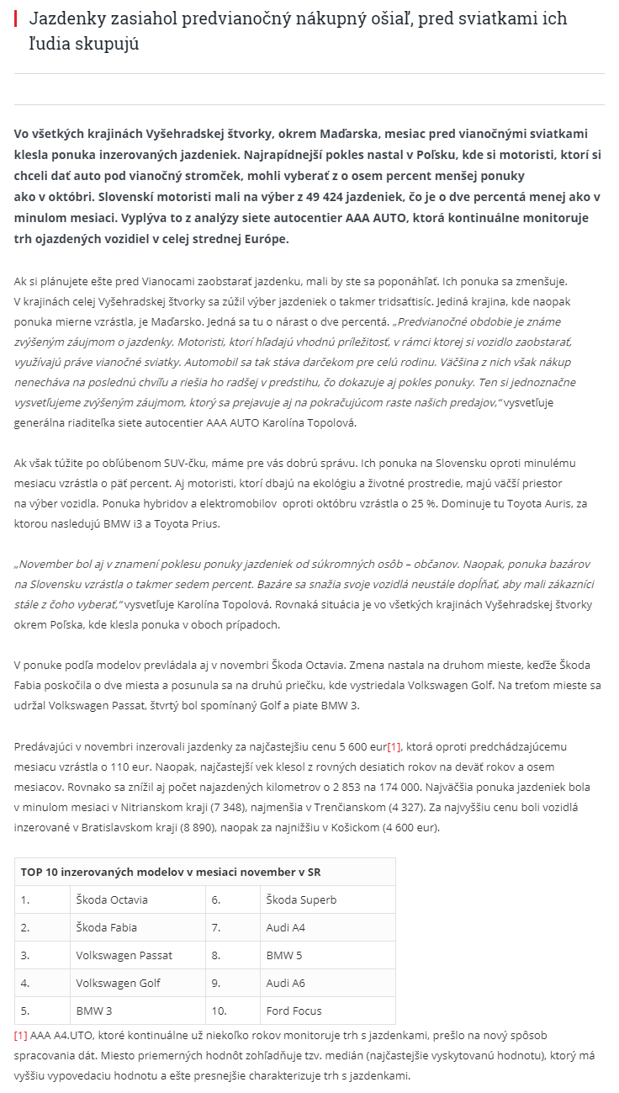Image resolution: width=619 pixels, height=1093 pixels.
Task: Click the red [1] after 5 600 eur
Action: (x=394, y=746)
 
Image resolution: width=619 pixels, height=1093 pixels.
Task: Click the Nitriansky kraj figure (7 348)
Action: (x=250, y=807)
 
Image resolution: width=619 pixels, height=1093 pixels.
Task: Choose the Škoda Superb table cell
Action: (x=301, y=899)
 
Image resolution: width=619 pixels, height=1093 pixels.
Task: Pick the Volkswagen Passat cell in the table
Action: (x=124, y=955)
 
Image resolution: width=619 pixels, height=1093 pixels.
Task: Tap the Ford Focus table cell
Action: (x=294, y=1011)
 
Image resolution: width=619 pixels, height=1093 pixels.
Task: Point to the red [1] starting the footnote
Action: (x=21, y=1035)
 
